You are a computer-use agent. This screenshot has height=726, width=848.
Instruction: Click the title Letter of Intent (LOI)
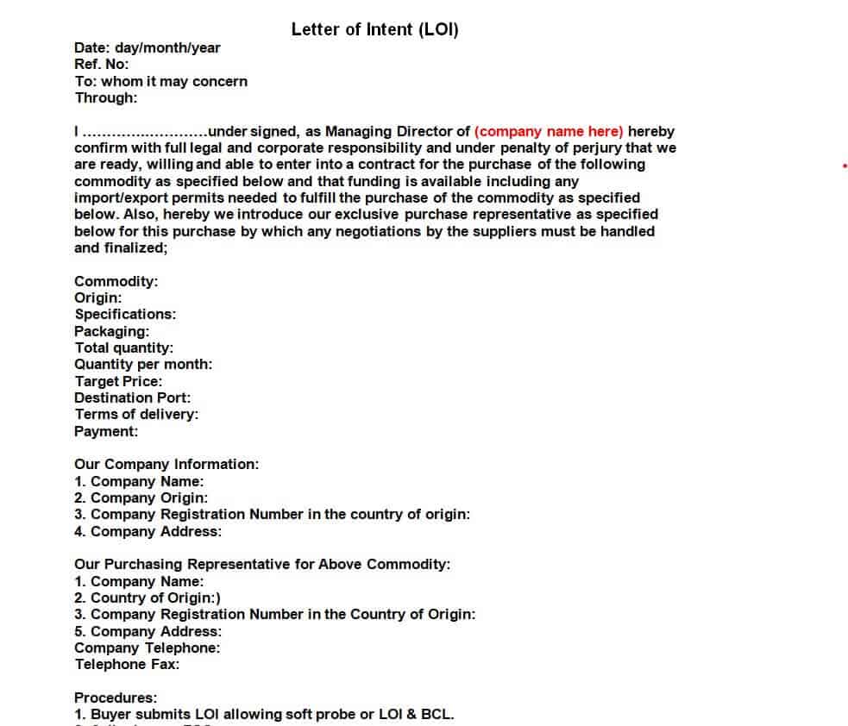pyautogui.click(x=374, y=29)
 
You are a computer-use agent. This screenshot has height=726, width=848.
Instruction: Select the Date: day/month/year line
pyautogui.click(x=147, y=48)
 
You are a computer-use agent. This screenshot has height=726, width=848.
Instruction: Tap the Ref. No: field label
pyautogui.click(x=102, y=65)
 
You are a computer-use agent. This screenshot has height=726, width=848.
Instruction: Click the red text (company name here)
pyautogui.click(x=549, y=132)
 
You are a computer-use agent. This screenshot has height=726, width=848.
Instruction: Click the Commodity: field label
pyautogui.click(x=116, y=281)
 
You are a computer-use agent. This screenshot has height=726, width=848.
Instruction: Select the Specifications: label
pyautogui.click(x=125, y=315)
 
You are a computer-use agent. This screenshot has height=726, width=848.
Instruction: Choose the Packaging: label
pyautogui.click(x=112, y=331)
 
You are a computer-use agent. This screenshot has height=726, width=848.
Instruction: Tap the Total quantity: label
pyautogui.click(x=123, y=348)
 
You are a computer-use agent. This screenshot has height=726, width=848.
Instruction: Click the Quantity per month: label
pyautogui.click(x=143, y=365)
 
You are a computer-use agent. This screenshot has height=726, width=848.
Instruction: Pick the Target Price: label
pyautogui.click(x=118, y=381)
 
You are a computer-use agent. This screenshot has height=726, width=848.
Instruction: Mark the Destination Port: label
pyautogui.click(x=133, y=397)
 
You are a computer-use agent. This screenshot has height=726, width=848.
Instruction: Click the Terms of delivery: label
pyautogui.click(x=136, y=415)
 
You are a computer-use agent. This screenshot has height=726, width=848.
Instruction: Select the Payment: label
pyautogui.click(x=106, y=431)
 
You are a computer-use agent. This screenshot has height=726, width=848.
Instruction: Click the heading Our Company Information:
pyautogui.click(x=166, y=465)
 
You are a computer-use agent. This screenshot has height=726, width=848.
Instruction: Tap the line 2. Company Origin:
pyautogui.click(x=141, y=498)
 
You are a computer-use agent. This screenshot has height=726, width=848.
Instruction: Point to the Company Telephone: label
pyautogui.click(x=147, y=648)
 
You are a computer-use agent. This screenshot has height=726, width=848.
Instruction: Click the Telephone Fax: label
pyautogui.click(x=127, y=665)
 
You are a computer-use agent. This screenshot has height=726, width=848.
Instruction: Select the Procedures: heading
pyautogui.click(x=116, y=698)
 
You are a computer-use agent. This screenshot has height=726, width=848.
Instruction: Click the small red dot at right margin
pyautogui.click(x=844, y=165)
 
